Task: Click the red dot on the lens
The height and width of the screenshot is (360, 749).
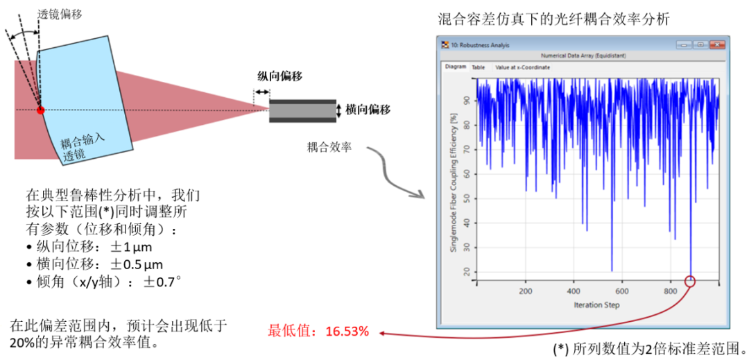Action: (x=40, y=110)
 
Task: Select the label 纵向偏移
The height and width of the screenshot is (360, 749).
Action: (x=275, y=76)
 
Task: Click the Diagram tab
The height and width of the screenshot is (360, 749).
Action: (x=456, y=67)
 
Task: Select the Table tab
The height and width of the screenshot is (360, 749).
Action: (x=479, y=67)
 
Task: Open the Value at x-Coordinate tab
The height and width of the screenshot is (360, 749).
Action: (x=523, y=67)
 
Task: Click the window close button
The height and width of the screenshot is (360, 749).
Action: (x=716, y=44)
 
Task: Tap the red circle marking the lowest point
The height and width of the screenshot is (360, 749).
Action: (x=690, y=281)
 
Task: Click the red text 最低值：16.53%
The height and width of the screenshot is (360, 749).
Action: (x=318, y=332)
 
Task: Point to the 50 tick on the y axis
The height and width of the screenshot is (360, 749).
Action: (x=470, y=198)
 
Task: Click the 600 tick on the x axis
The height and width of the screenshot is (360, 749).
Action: (x=622, y=291)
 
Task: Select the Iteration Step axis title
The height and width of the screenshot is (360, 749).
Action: (x=596, y=305)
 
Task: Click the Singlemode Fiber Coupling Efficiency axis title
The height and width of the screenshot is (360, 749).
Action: (x=454, y=182)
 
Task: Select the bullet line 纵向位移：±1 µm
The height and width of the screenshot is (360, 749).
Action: (x=89, y=247)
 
